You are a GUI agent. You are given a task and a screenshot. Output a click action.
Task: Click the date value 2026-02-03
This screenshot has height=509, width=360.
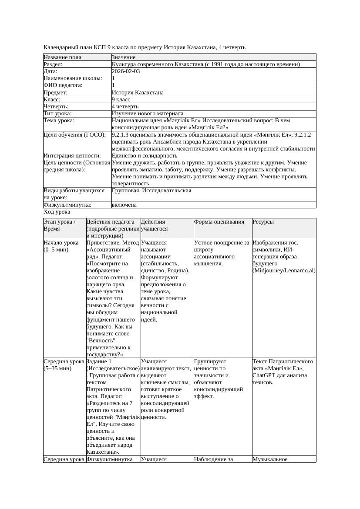tap(126, 71)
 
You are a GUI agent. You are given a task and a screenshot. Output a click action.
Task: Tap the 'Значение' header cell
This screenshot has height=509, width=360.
tap(124, 57)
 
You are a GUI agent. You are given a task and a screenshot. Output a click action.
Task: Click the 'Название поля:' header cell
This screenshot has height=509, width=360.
tap(63, 57)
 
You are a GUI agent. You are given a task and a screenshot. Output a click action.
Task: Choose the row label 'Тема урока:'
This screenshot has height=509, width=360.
tap(59, 121)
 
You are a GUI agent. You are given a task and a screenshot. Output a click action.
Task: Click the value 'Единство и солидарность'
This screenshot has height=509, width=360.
tap(145, 155)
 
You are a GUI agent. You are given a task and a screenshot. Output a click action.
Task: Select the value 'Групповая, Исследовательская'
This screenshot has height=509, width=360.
tap(151, 191)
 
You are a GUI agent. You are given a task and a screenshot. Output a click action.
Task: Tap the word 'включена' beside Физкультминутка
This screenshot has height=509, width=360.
tap(124, 204)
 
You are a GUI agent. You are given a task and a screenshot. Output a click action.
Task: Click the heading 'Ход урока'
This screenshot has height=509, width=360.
tap(57, 212)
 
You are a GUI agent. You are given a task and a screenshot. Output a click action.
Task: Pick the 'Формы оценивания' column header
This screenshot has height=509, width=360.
tap(219, 222)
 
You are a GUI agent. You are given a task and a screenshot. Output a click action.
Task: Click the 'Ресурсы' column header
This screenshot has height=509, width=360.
tap(263, 222)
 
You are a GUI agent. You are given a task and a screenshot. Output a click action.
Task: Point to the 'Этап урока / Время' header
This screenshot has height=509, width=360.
tap(60, 225)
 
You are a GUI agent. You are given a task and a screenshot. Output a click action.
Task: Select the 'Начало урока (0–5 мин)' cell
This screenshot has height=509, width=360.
tap(61, 246)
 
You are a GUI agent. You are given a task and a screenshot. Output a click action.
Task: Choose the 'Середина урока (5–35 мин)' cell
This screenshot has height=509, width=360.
tap(64, 365)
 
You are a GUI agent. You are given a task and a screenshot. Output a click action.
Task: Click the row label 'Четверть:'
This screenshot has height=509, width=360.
tap(56, 107)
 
